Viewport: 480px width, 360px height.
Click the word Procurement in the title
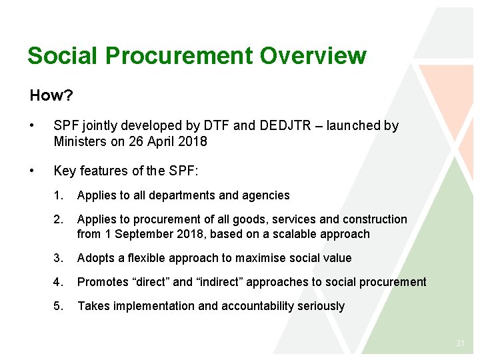coord(189,55)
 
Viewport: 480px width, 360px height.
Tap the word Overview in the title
coord(313,55)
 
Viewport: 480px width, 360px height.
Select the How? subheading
coord(51,96)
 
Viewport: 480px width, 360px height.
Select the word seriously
coord(321,307)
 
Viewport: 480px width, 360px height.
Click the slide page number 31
coord(460,344)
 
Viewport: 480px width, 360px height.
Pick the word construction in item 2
coord(375,219)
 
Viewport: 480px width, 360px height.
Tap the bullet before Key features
coord(33,171)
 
